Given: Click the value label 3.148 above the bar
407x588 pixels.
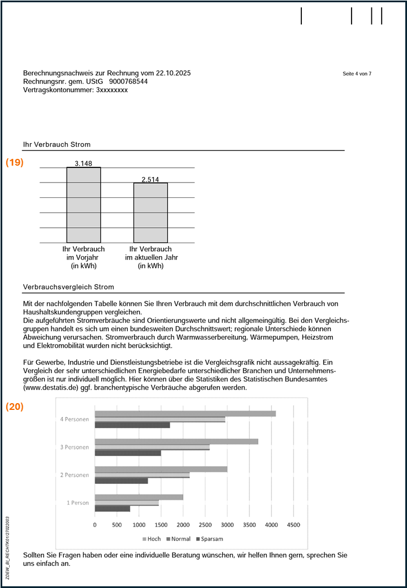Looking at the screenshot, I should tap(83, 164).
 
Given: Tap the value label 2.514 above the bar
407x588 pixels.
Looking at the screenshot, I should tap(150, 180).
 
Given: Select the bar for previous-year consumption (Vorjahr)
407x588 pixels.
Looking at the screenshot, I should tap(84, 205).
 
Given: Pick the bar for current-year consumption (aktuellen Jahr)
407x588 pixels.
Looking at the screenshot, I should tap(150, 213).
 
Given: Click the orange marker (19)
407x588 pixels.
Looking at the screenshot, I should tap(15, 162).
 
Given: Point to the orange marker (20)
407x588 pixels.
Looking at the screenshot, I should tap(15, 407).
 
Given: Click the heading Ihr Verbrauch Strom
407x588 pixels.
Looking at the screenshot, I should tap(57, 145).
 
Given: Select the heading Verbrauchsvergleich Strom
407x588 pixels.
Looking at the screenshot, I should tap(68, 287).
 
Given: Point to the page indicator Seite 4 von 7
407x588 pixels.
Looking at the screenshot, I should tap(357, 74).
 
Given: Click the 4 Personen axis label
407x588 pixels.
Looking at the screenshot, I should tap(75, 420).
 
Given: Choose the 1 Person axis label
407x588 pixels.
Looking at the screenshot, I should tap(77, 503).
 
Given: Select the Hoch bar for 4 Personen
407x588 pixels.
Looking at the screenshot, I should tap(185, 413).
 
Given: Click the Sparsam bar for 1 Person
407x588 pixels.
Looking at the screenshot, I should tap(112, 508).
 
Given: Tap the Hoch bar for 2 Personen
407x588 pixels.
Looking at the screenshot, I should tap(161, 469).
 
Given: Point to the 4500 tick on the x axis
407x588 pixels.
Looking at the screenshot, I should tap(293, 525).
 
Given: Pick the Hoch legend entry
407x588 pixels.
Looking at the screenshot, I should tap(152, 539).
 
